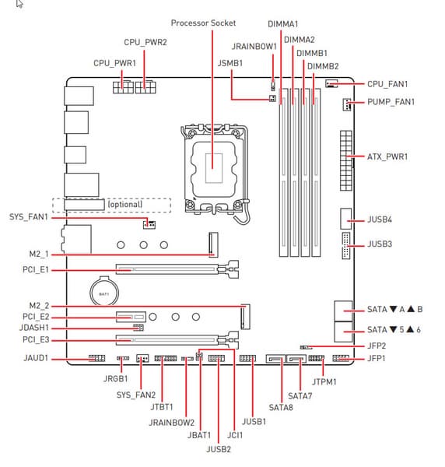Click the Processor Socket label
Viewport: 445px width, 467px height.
click(203, 23)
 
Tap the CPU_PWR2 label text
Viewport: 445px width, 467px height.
click(145, 42)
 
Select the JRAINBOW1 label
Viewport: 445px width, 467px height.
click(254, 47)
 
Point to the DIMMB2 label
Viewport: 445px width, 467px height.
click(323, 66)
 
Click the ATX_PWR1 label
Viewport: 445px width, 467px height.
click(387, 156)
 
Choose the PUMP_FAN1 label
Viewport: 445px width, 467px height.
click(391, 102)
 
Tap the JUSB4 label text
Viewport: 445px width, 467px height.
click(380, 219)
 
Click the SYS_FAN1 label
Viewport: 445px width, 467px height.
click(29, 217)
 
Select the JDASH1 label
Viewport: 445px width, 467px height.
click(34, 328)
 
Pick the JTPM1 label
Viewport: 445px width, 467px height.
click(324, 382)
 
